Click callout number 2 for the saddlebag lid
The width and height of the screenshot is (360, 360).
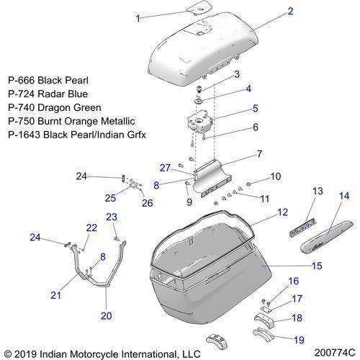[x=290, y=12]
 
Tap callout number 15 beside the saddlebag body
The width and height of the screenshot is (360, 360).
[x=317, y=266]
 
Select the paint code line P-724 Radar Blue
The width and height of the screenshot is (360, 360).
[x=48, y=94]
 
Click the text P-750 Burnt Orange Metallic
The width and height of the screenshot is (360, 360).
[x=71, y=121]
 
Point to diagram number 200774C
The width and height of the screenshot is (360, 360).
[x=335, y=353]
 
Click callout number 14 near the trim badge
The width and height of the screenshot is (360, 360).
[x=344, y=196]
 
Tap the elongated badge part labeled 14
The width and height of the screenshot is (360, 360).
[x=327, y=237]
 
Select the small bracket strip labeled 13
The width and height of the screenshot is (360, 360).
[x=303, y=228]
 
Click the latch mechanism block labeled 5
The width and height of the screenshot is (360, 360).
[x=199, y=122]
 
